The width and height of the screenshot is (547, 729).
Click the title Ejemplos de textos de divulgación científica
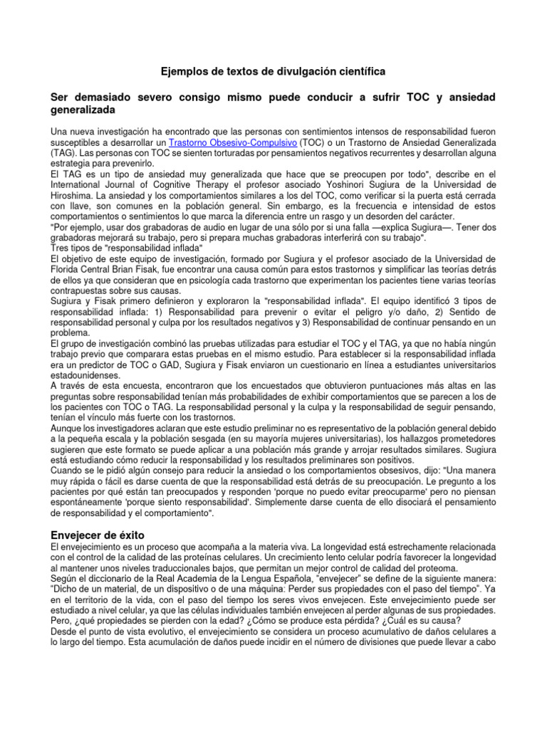(x=273, y=72)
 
